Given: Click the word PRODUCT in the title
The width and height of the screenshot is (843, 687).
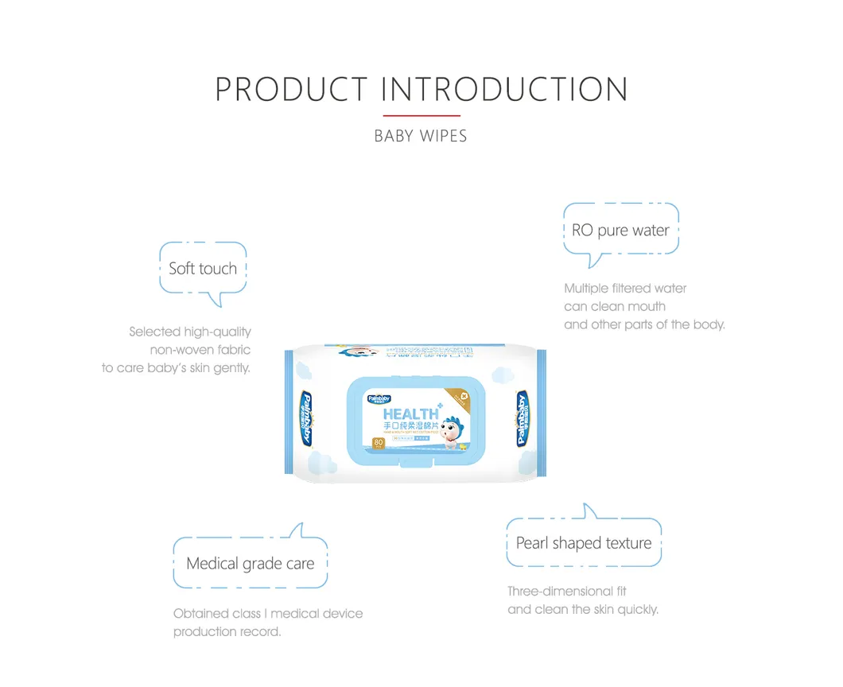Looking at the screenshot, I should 291,89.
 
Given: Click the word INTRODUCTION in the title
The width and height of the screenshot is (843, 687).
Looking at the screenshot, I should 504,89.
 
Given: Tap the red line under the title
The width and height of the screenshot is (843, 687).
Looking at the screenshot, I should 421,116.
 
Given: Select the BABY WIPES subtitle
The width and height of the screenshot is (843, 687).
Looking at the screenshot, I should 421,136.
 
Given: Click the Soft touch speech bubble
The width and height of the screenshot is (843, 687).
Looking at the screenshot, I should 203,269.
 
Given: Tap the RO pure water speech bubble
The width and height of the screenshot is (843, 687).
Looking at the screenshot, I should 620,231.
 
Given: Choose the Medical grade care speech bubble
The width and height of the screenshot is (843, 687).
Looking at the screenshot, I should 250,564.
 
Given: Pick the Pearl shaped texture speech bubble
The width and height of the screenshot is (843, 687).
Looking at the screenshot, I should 584,543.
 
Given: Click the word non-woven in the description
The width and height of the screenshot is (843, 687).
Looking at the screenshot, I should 177,350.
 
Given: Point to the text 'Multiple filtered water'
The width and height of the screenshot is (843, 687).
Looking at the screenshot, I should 625,289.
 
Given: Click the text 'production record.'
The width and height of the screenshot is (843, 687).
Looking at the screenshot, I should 227,631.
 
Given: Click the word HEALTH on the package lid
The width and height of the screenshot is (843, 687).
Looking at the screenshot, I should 410,414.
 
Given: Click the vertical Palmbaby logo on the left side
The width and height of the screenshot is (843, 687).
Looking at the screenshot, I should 305,417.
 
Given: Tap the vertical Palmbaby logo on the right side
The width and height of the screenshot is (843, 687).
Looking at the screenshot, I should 523,417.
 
